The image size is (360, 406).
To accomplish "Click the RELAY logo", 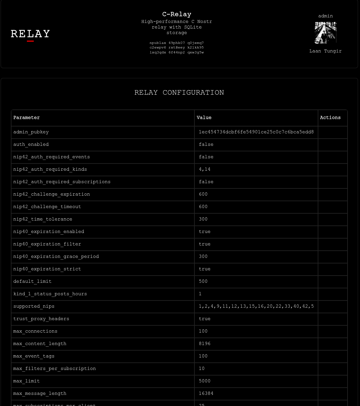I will tap(30, 34).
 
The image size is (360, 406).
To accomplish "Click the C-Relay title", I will tap(176, 14).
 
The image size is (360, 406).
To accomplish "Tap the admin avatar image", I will tap(325, 33).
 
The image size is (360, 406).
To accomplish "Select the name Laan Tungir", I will tap(325, 51).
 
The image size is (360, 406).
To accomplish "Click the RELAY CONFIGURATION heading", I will tap(179, 93).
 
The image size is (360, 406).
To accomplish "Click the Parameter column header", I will tap(27, 118).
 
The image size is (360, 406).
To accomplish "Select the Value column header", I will tap(204, 118).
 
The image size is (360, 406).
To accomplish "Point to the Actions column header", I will tap(330, 118).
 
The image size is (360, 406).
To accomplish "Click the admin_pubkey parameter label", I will tap(31, 132).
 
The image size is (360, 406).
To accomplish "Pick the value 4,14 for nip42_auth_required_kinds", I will tap(205, 169).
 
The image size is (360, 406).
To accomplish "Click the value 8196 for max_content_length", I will tap(205, 344).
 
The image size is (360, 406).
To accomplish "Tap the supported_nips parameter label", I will tap(34, 306).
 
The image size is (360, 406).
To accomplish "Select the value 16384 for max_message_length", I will tap(206, 394).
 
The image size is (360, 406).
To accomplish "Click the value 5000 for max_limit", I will tap(205, 381).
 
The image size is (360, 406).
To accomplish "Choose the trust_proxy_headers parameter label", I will tap(41, 319).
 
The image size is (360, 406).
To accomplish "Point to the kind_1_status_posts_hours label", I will tap(50, 294).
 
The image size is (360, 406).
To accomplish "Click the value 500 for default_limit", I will tap(203, 281).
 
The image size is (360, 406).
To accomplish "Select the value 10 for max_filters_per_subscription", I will tap(202, 369).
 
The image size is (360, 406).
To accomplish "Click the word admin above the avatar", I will tap(325, 16).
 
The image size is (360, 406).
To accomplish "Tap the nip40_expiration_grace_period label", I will tap(56, 257).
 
